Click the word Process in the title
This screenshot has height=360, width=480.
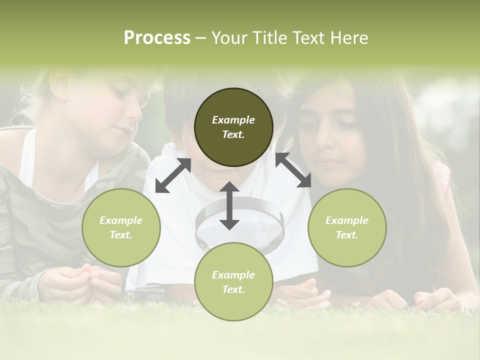coord(157,38)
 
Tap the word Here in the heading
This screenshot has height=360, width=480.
coord(349,38)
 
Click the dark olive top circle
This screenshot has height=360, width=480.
coord(233,127)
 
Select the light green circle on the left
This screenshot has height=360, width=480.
coord(121,227)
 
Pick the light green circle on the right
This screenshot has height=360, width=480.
coord(347,227)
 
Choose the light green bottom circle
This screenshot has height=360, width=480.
coord(233,281)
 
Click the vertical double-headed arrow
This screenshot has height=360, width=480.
coord(229,206)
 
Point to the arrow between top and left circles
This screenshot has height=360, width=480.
coord(173,175)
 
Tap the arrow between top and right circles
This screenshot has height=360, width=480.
coord(293,170)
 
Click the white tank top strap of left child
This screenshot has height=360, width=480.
coord(28,155)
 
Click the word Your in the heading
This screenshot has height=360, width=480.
coord(228,38)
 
